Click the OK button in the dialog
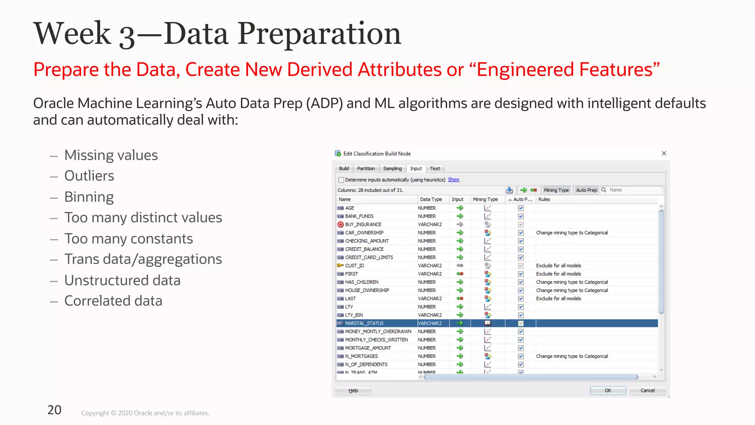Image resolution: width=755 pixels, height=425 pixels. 608,390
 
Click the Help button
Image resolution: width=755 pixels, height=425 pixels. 353,390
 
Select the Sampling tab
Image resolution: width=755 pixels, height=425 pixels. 392,169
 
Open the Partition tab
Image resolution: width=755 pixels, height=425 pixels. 366,169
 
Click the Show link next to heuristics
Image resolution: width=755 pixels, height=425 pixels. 453,180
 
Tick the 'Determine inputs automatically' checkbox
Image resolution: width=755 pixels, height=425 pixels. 341,180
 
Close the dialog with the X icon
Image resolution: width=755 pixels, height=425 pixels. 664,153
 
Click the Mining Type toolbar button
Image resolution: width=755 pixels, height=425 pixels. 556,190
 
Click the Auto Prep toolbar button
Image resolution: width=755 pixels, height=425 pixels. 586,190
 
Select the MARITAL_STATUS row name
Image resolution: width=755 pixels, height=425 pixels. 364,323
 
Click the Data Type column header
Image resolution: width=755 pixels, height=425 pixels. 431,199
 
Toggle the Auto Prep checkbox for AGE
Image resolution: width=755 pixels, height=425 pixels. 521,208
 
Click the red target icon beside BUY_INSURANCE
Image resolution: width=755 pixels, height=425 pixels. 340,224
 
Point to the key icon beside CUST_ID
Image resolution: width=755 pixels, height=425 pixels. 340,266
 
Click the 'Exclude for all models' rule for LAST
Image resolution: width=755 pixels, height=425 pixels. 559,298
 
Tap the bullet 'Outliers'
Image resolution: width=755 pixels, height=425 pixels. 89,176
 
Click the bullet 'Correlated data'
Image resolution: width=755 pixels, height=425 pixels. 113,301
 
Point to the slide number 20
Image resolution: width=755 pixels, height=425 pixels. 55,410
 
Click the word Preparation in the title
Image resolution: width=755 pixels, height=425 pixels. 319,34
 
